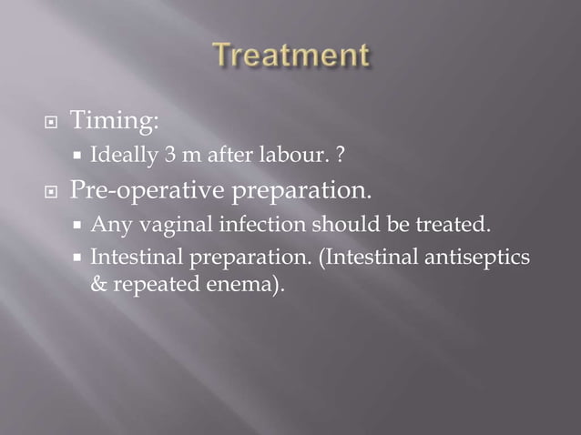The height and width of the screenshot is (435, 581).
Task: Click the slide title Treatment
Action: [290, 56]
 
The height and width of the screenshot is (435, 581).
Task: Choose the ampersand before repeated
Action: [97, 284]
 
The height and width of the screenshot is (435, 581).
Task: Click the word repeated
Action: [145, 284]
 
